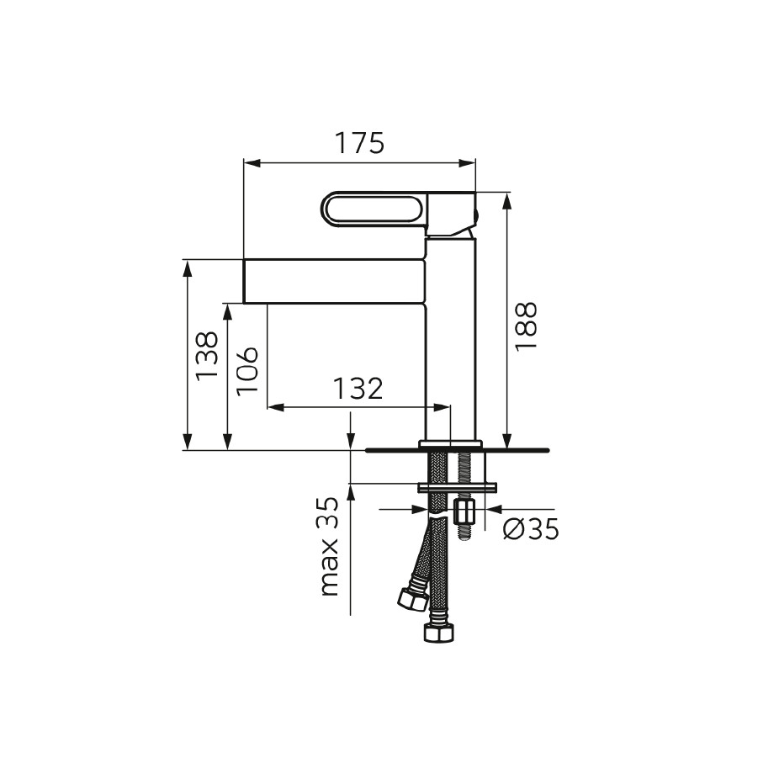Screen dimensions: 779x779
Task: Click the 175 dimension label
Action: (359, 143)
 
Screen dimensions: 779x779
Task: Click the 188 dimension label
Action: (526, 326)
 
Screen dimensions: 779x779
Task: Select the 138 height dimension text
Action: (207, 356)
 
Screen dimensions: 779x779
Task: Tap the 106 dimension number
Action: (247, 371)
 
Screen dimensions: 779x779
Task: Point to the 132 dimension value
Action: (358, 389)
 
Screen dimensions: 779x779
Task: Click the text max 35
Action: (328, 547)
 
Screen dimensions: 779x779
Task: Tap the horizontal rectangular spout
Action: (335, 281)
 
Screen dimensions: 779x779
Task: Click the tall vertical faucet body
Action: (451, 339)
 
